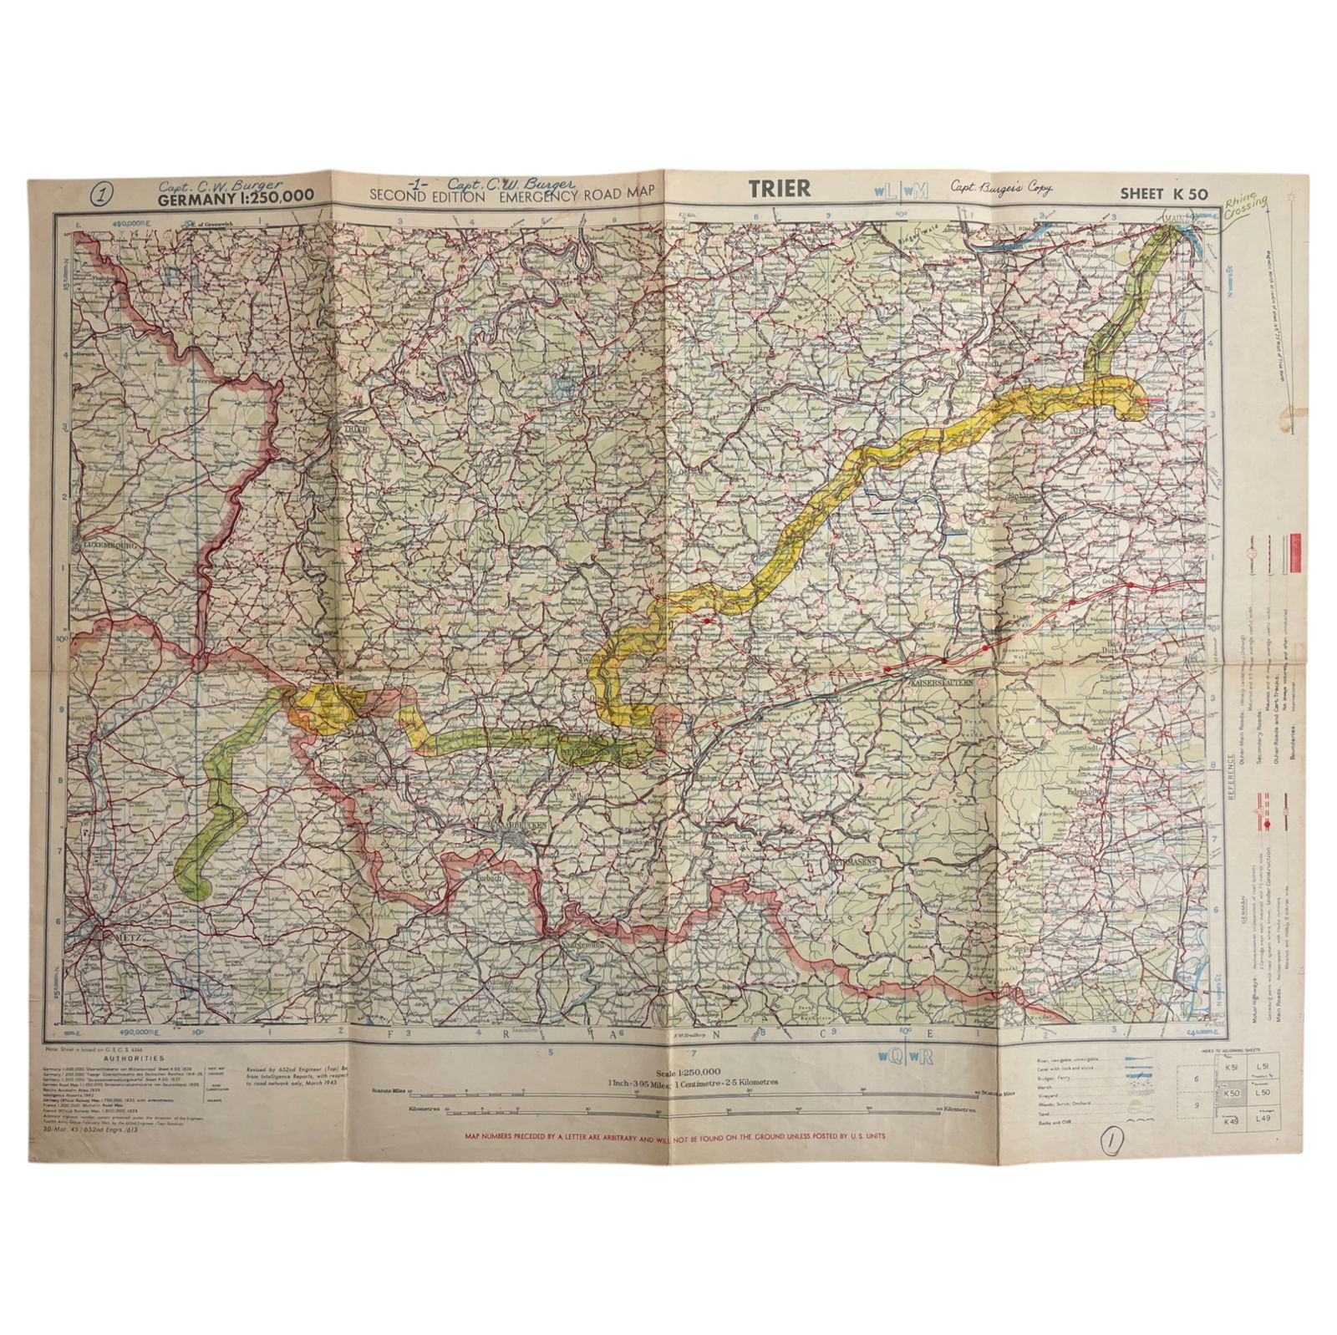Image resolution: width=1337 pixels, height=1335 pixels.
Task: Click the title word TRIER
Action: tap(779, 189)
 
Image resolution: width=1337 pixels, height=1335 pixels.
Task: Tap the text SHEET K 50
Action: tap(1163, 194)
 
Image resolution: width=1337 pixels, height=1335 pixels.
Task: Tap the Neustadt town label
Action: tap(1086, 749)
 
